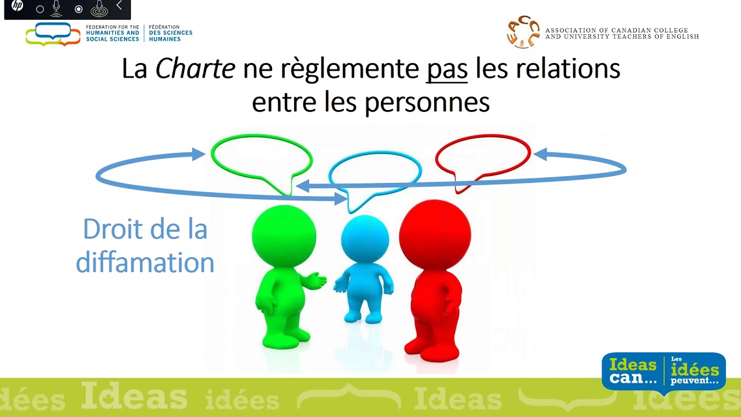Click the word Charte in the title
tap(195, 69)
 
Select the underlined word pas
tap(446, 69)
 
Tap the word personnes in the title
tap(427, 103)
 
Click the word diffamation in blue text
tap(145, 262)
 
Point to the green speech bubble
tap(261, 156)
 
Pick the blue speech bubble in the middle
tap(375, 171)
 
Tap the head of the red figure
tap(435, 235)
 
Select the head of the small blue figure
tap(365, 239)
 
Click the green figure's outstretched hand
tap(316, 281)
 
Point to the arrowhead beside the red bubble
tap(540, 155)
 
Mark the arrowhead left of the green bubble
tap(199, 154)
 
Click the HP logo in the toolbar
tap(17, 6)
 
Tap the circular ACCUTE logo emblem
tap(522, 32)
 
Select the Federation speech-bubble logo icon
tap(53, 34)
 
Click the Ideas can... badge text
tap(633, 371)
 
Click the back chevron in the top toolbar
tap(119, 6)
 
